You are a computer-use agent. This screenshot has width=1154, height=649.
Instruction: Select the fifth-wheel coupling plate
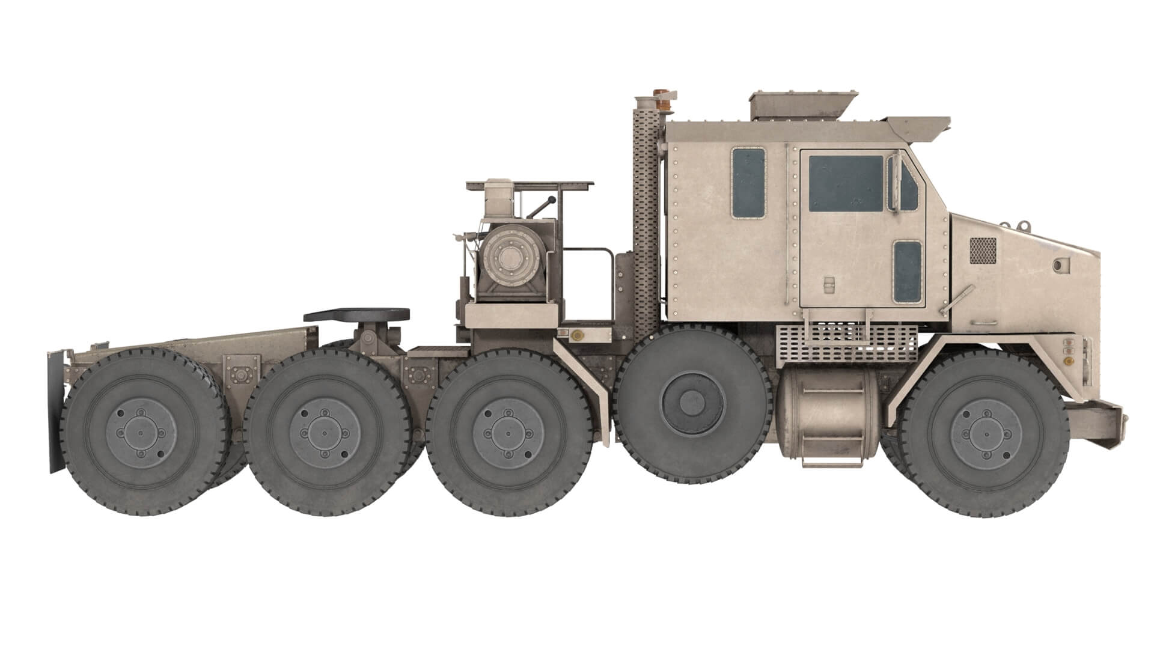click(x=356, y=314)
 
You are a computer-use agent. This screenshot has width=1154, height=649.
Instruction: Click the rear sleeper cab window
click(x=748, y=183)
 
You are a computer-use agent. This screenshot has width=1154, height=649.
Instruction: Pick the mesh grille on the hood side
click(x=983, y=250)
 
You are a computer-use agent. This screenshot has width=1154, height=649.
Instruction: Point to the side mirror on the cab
click(x=895, y=183)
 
